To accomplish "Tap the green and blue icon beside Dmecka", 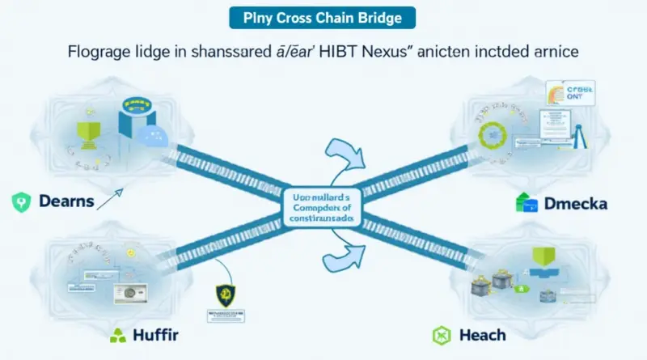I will pyautogui.click(x=526, y=205).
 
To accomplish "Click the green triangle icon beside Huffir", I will pyautogui.click(x=118, y=334).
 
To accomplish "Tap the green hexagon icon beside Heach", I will pyautogui.click(x=441, y=334).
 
